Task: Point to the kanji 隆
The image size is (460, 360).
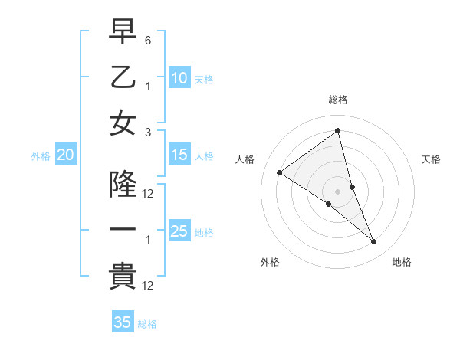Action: pyautogui.click(x=123, y=184)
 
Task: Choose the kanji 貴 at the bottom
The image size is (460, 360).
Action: pyautogui.click(x=123, y=276)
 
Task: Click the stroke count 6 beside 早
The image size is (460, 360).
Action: pyautogui.click(x=148, y=39)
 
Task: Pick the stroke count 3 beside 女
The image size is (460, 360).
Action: pyautogui.click(x=148, y=132)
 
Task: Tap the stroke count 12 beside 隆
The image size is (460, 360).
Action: pyautogui.click(x=148, y=194)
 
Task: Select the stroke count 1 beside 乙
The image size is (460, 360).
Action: pyautogui.click(x=148, y=87)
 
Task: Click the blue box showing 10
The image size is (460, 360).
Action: pyautogui.click(x=179, y=77)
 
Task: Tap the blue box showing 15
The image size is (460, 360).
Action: pyautogui.click(x=179, y=155)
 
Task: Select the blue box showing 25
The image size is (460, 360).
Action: pyautogui.click(x=179, y=231)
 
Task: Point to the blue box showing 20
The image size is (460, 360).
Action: pyautogui.click(x=66, y=155)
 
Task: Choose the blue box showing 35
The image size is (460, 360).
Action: pyautogui.click(x=123, y=322)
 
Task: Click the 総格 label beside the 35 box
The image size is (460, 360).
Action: pyautogui.click(x=147, y=324)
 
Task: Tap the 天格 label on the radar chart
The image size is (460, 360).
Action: pyautogui.click(x=432, y=159)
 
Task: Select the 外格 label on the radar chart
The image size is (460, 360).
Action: pyautogui.click(x=270, y=262)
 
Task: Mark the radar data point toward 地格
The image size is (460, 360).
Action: pyautogui.click(x=374, y=242)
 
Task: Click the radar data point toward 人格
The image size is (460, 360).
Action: pyautogui.click(x=280, y=172)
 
